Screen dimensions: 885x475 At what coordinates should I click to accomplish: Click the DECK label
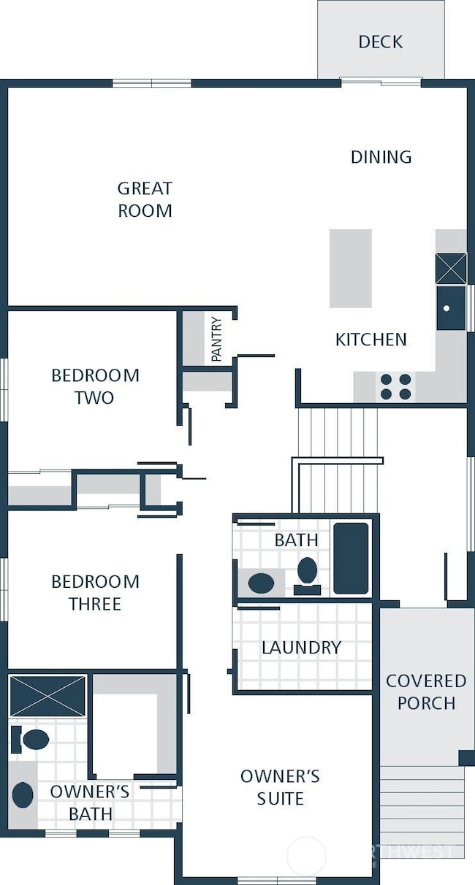380,42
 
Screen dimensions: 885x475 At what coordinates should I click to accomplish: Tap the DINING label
381,157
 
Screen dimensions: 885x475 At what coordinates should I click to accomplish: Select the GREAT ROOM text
145,199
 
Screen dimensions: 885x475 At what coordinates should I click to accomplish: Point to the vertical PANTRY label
216,339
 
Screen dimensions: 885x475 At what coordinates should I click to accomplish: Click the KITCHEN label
370,340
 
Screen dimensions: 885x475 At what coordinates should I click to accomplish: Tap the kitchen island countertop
350,268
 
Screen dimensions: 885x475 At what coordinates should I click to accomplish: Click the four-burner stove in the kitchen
395,387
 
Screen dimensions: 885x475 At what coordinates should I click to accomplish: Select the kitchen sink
450,307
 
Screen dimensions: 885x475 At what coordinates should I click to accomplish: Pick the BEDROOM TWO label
95,386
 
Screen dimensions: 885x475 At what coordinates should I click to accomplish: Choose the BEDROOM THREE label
95,592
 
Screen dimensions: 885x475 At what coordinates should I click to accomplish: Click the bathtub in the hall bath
351,558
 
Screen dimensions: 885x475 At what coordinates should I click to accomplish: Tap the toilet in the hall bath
308,572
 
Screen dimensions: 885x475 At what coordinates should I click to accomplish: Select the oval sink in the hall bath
260,583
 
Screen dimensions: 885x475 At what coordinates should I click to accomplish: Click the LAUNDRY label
301,648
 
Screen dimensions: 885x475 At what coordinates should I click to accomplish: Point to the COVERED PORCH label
425,691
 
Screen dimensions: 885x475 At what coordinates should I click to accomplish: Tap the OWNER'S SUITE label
280,787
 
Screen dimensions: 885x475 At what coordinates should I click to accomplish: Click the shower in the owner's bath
47,696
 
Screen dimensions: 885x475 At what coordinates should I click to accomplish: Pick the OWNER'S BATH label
91,802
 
